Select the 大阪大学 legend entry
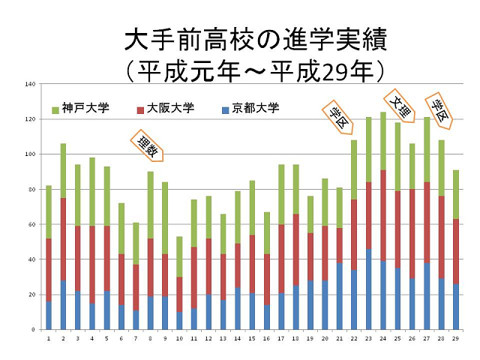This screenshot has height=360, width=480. pos(171,108)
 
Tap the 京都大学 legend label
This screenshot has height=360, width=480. pos(255,108)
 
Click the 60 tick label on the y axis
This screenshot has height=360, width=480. pos(31,224)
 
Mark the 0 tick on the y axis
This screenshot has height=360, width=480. pos(33,329)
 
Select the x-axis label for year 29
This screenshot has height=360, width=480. pos(456,339)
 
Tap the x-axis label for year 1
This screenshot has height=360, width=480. pos(49,339)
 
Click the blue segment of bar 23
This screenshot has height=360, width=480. pos(369,289)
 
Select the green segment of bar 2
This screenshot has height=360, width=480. pos(63,171)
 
